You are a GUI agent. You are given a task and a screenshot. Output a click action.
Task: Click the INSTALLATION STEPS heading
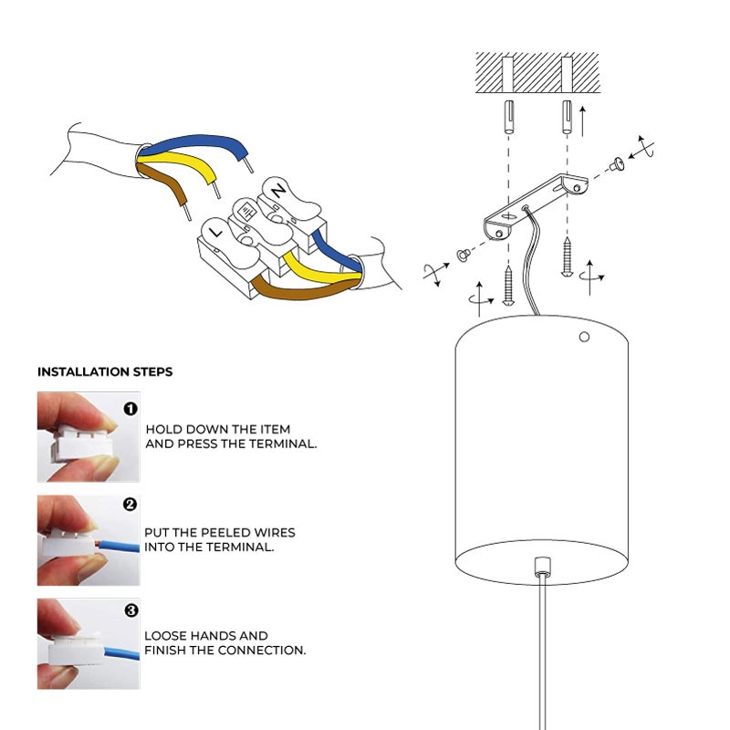click(105, 372)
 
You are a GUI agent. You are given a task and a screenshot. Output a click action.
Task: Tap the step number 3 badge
click(130, 610)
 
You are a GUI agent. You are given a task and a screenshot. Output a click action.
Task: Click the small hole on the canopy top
click(585, 337)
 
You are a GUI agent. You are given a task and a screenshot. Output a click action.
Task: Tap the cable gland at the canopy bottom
click(542, 566)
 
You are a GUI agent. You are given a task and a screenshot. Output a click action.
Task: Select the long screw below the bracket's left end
click(509, 284)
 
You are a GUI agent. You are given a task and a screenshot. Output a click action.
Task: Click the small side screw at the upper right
click(618, 164)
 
